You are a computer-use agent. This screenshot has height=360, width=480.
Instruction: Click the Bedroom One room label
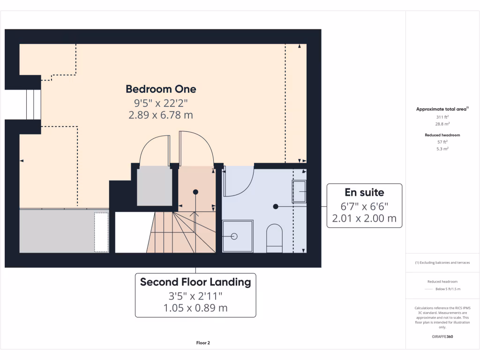161,89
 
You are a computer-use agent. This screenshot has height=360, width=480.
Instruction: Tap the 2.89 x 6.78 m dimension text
161,115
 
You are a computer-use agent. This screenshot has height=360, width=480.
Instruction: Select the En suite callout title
364,192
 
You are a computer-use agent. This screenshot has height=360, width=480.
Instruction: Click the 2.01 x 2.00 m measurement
364,218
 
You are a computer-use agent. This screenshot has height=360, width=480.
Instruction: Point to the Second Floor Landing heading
195,282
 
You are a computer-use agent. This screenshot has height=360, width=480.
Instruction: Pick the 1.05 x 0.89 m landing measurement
195,308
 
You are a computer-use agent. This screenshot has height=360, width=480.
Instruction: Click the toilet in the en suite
274,235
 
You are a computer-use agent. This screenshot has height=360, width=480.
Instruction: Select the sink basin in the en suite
300,191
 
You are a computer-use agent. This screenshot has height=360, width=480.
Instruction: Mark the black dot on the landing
195,192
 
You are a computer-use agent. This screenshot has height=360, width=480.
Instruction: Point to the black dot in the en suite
276,206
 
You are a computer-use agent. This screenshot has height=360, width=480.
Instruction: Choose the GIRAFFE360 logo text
442,337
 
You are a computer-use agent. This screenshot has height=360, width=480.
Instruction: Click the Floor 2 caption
203,343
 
